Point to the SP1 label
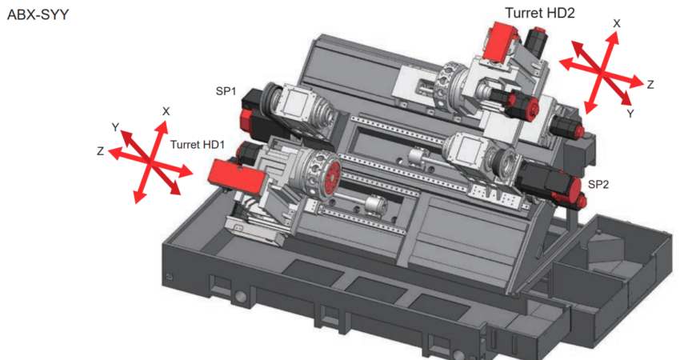point(225,91)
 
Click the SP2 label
point(598,184)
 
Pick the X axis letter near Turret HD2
point(616,24)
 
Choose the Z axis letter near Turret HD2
point(650,83)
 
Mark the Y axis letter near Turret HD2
point(630,114)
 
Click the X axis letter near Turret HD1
point(166,110)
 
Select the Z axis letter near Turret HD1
point(100,150)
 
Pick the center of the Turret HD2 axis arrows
point(602,72)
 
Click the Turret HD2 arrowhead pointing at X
point(614,36)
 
